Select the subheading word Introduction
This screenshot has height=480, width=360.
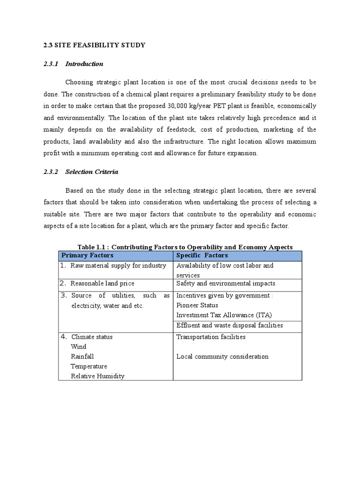click(84, 64)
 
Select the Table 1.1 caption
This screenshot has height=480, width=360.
click(185, 247)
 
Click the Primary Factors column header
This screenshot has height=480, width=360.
click(88, 255)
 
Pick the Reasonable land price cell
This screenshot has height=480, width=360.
click(102, 284)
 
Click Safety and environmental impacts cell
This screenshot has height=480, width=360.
click(225, 284)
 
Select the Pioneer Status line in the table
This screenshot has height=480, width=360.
click(197, 305)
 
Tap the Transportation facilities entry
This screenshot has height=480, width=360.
click(211, 337)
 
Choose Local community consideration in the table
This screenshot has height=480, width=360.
click(222, 357)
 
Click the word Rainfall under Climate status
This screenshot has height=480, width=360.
click(82, 357)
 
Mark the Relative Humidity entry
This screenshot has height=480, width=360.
click(97, 376)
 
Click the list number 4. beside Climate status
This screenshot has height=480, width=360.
click(64, 337)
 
